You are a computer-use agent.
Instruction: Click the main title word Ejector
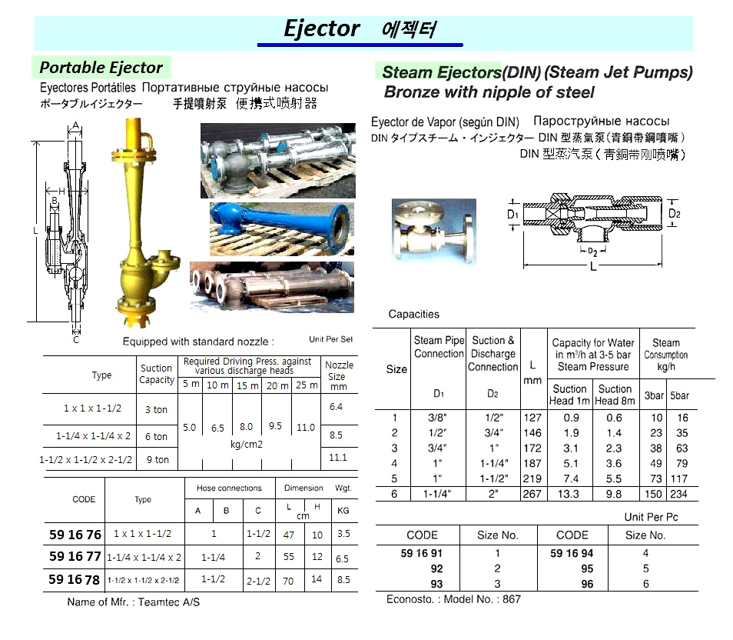tap(321, 29)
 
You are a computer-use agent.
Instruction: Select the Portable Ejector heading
tap(101, 67)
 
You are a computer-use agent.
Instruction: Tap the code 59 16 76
tap(75, 535)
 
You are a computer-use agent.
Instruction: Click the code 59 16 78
tap(75, 580)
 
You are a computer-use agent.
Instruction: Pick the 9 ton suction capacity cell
tap(157, 459)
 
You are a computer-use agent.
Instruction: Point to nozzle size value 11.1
tap(337, 457)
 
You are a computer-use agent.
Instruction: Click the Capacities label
tap(414, 314)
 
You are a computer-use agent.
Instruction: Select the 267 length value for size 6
tap(532, 495)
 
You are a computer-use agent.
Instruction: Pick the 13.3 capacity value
tap(569, 495)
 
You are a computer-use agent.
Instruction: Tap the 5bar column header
tap(678, 395)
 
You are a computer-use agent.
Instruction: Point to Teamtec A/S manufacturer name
tap(169, 602)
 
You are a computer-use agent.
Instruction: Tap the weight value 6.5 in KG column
tap(343, 559)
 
